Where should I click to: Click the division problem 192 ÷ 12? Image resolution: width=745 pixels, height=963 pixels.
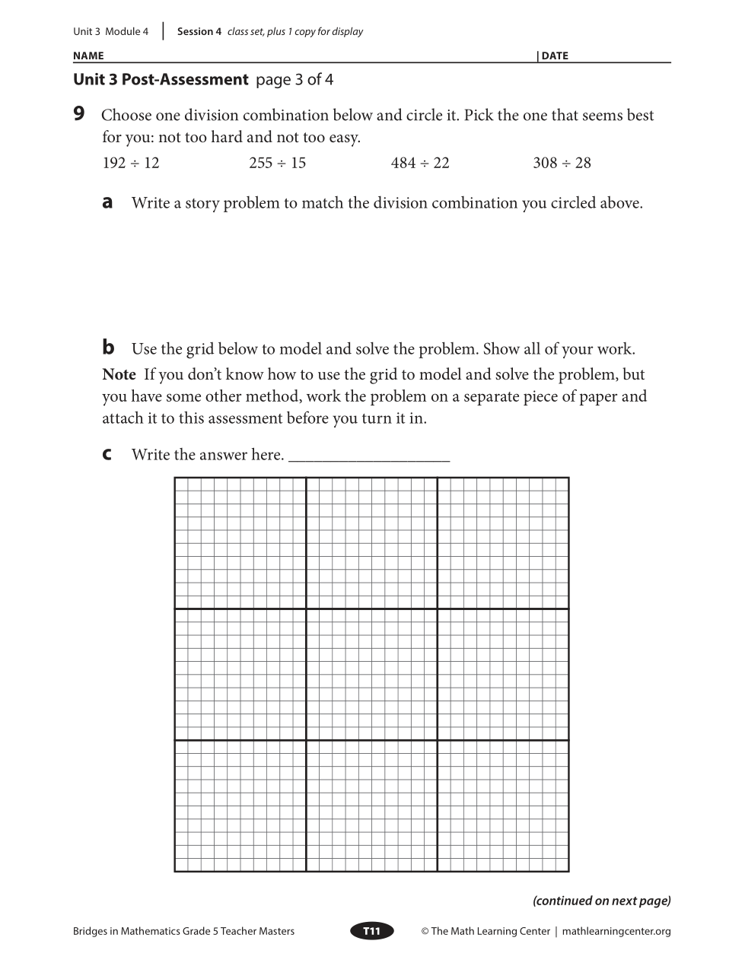131,163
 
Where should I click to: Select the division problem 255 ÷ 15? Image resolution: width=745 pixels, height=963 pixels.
277,163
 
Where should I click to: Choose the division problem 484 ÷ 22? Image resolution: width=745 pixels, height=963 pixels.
420,163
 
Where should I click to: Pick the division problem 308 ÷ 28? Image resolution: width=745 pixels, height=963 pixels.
562,163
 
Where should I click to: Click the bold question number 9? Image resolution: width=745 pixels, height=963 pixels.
79,115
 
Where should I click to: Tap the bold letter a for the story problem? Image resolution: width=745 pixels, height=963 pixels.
107,202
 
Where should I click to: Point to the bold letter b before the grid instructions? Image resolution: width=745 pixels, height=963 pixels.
108,348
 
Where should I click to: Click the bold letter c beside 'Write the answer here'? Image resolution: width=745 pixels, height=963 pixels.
107,454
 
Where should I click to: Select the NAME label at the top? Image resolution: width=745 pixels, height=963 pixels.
88,56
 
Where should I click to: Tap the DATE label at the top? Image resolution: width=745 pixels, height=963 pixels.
555,56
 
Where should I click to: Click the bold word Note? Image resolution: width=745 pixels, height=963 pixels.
119,374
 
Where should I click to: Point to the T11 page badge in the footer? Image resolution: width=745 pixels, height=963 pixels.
371,931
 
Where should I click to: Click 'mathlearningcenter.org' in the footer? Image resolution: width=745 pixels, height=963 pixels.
616,931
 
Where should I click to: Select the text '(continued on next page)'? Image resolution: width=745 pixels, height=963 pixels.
601,901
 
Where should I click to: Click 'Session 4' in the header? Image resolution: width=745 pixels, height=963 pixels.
199,32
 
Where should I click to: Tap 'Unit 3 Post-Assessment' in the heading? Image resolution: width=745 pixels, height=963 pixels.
161,80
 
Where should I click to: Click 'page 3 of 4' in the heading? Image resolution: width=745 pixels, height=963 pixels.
294,80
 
